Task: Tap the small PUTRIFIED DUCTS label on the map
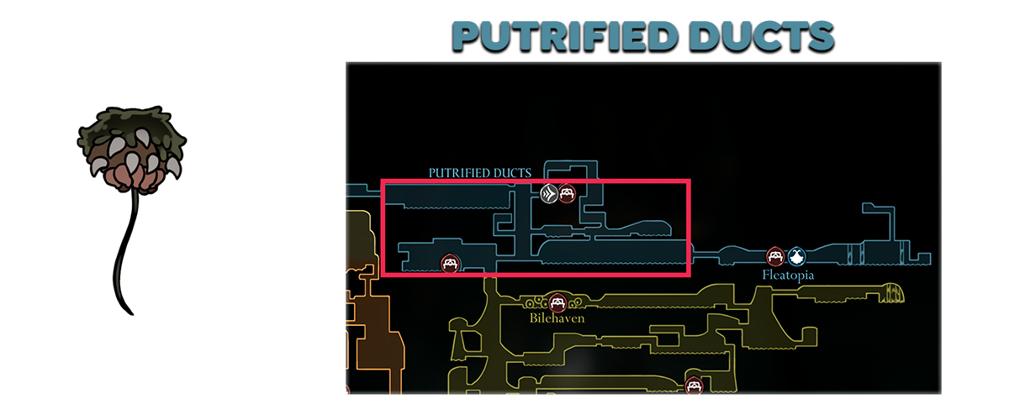coord(479,173)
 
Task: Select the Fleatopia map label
coord(788,275)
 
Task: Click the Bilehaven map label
coord(557,318)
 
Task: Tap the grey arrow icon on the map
coord(548,194)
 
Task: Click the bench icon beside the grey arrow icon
coord(567,194)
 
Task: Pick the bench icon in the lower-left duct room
coord(451,264)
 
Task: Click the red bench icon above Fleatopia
coord(776,256)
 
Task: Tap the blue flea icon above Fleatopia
coord(795,256)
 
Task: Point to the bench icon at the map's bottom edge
coord(694,386)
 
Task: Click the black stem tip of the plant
coord(131,312)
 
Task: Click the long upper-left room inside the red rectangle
coord(446,198)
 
